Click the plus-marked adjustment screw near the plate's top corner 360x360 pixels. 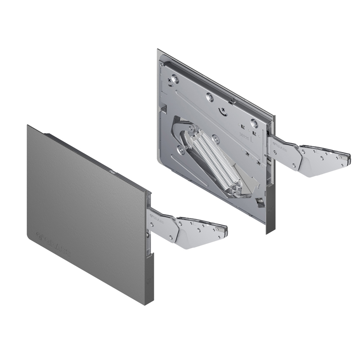(x=170, y=81)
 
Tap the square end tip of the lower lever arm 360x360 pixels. (x=224, y=231)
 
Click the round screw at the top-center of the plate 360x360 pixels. (x=209, y=97)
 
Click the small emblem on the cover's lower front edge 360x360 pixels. (x=149, y=283)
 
